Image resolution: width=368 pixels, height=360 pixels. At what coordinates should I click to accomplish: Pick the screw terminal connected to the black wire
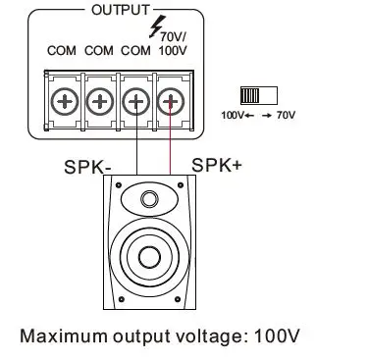(x=134, y=101)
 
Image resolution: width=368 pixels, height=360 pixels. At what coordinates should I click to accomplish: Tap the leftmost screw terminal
(x=64, y=101)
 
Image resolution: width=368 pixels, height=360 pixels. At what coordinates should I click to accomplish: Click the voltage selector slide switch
(x=257, y=95)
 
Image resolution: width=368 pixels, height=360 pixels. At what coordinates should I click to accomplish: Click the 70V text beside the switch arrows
(x=285, y=115)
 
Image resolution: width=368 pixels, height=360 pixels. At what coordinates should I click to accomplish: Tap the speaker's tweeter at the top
(x=149, y=200)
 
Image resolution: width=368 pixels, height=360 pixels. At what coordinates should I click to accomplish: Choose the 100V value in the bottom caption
(x=275, y=336)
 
